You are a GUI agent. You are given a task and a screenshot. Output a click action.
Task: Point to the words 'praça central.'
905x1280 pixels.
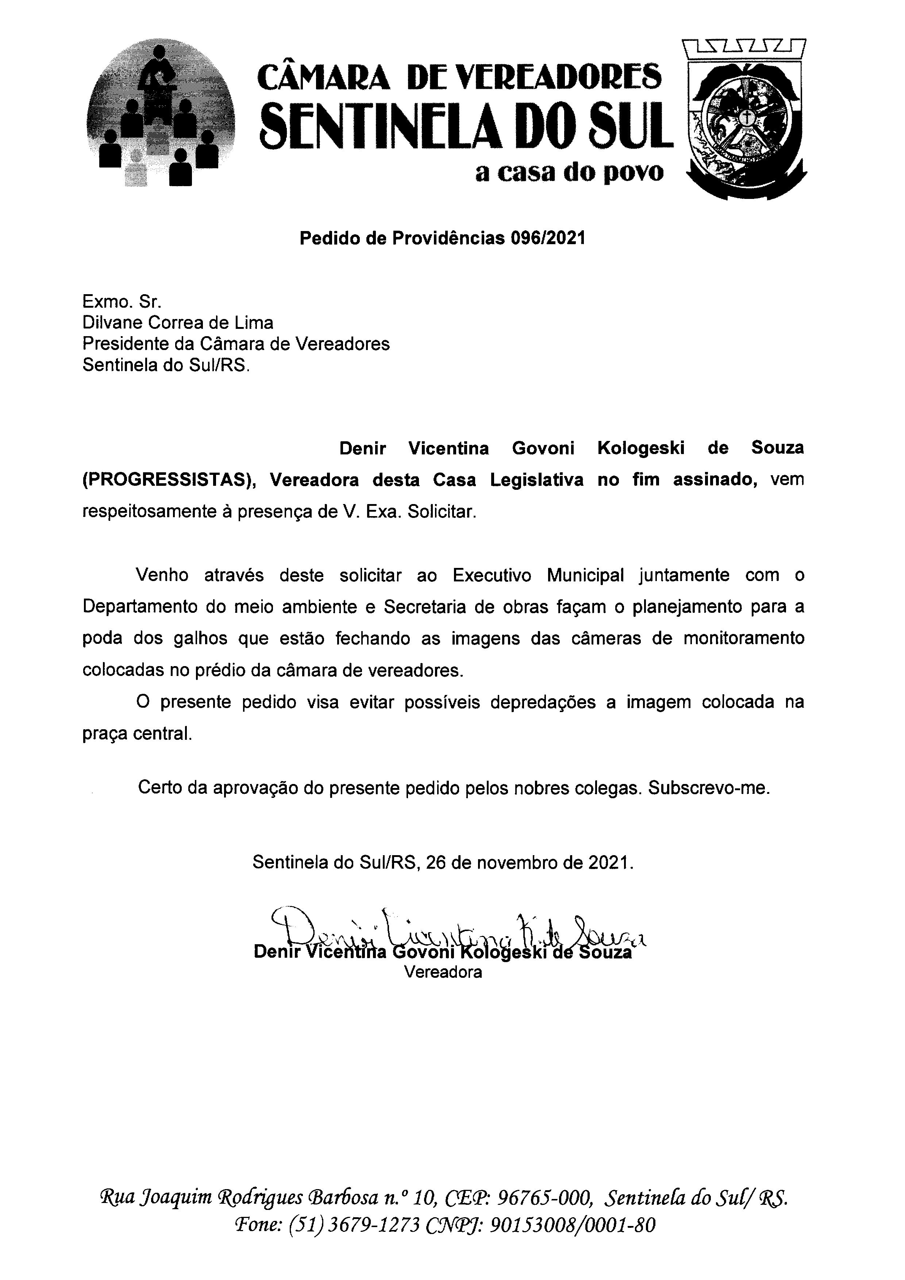tap(137, 734)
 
